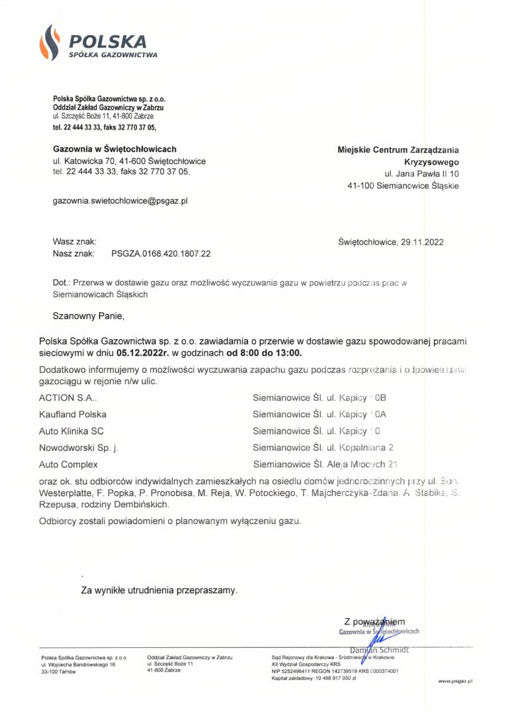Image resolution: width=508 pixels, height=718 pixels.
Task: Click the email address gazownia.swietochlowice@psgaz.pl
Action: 120,200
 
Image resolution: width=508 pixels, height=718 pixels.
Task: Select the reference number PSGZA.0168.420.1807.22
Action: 156,253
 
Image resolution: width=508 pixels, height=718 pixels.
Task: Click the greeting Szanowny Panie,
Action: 89,315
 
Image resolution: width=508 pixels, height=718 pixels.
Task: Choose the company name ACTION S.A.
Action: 67,398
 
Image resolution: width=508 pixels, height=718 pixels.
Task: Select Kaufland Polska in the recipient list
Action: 73,415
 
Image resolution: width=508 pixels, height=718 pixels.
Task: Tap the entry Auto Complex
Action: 68,465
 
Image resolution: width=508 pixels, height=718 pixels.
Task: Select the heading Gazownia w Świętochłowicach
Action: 114,149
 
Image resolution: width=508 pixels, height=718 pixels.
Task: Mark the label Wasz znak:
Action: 74,241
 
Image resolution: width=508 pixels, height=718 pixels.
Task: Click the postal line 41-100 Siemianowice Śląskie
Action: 403,186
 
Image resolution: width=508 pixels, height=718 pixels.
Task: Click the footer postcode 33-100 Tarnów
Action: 58,671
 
